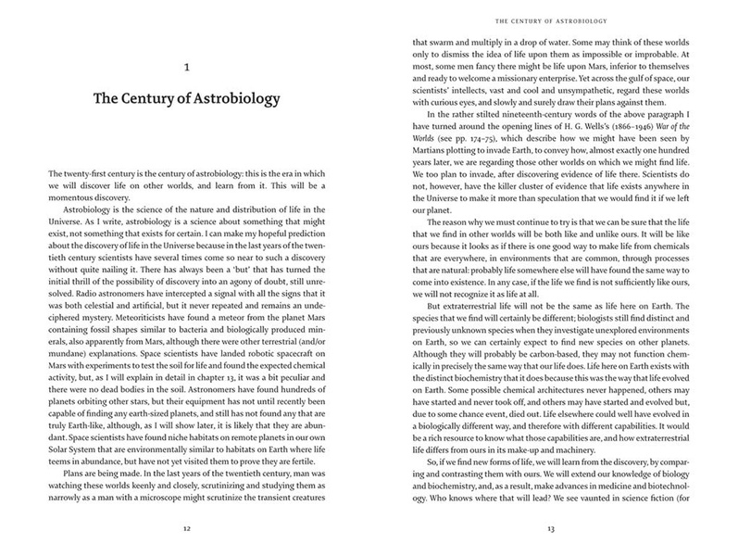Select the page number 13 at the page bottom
(x=552, y=531)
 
